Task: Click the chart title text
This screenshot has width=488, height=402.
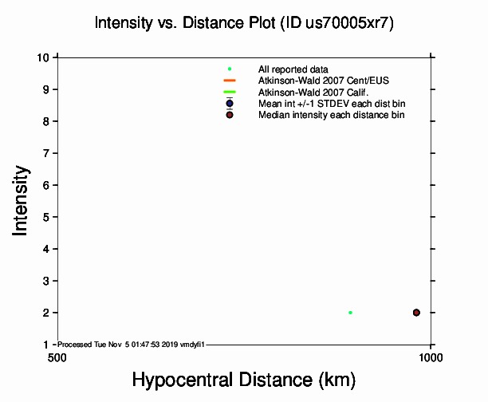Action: pyautogui.click(x=244, y=23)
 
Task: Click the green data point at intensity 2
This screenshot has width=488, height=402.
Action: pyautogui.click(x=350, y=313)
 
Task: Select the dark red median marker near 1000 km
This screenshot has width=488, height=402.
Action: pyautogui.click(x=416, y=313)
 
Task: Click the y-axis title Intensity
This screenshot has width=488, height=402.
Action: pyautogui.click(x=22, y=199)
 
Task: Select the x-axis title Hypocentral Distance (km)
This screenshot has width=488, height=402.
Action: pyautogui.click(x=243, y=380)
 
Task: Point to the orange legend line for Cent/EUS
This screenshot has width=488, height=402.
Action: pyautogui.click(x=230, y=81)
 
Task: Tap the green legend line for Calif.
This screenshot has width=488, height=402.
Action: pyautogui.click(x=230, y=92)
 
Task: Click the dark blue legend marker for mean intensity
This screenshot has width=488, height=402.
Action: pyautogui.click(x=230, y=103)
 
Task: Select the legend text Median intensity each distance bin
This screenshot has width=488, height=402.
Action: pyautogui.click(x=331, y=115)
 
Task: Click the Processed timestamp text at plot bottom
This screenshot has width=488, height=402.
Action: pyautogui.click(x=132, y=344)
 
